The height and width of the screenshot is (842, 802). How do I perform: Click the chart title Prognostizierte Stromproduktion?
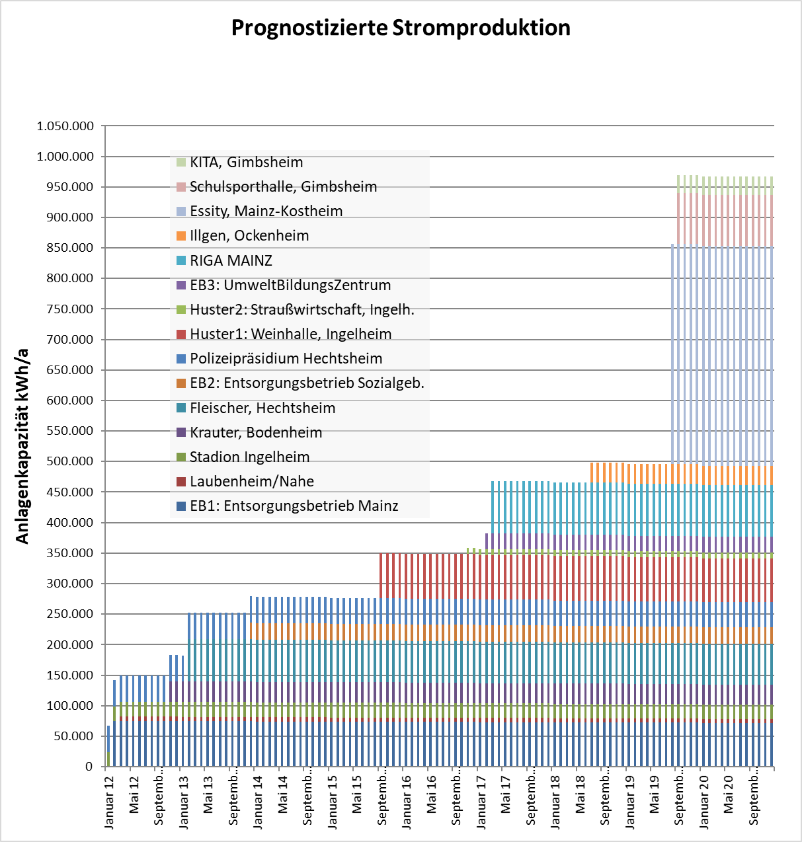(x=401, y=28)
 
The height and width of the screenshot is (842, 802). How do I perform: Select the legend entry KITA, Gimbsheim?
(x=240, y=163)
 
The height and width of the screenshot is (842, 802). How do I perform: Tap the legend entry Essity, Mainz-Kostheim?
(x=260, y=211)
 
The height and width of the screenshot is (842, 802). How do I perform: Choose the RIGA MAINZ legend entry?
(x=225, y=260)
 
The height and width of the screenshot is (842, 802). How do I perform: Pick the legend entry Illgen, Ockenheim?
(x=243, y=235)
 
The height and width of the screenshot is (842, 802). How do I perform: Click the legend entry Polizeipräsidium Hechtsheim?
(x=279, y=358)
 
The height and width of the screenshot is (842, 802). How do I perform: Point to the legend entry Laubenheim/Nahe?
(x=245, y=481)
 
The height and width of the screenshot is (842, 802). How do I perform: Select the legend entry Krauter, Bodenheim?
(x=249, y=432)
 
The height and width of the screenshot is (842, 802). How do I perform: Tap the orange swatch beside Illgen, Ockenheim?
(x=181, y=235)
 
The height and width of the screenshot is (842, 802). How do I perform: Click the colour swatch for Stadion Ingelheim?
(x=181, y=457)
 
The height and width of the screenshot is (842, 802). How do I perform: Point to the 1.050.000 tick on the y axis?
(x=65, y=126)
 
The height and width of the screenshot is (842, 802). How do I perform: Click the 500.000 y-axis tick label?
(x=70, y=461)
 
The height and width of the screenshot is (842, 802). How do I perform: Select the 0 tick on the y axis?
(x=89, y=767)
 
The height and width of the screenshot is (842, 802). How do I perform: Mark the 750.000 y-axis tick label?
(x=70, y=309)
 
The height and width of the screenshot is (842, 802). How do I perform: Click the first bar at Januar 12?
(x=108, y=746)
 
